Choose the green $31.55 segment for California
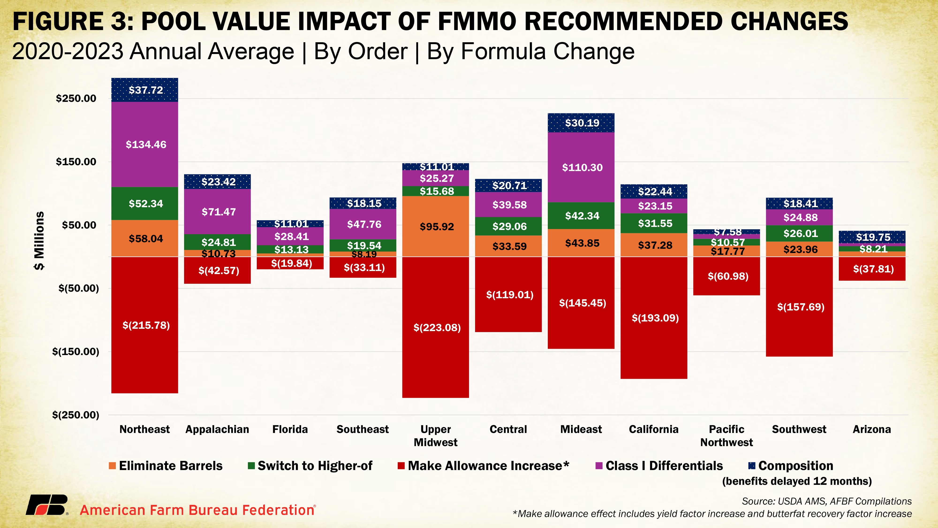(x=654, y=223)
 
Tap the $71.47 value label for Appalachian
(x=219, y=212)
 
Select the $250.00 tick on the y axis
(x=76, y=98)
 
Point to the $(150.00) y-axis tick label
(x=76, y=352)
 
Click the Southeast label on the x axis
(x=363, y=429)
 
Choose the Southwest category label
(x=799, y=429)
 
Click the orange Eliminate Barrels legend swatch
(x=112, y=466)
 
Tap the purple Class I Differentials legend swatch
(x=599, y=466)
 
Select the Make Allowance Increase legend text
(x=488, y=466)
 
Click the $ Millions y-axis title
(x=39, y=241)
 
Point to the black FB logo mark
(x=47, y=505)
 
